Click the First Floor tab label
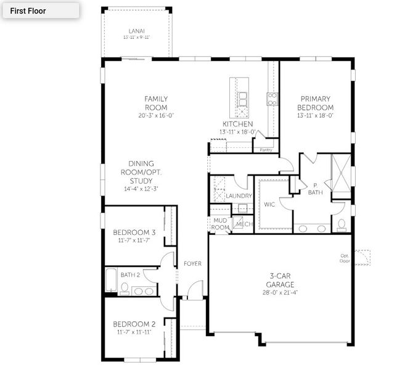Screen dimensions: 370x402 tap(28, 10)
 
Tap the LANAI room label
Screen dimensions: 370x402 tap(137, 30)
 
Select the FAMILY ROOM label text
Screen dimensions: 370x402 tap(156, 102)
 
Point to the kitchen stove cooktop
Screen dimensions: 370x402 tap(271, 98)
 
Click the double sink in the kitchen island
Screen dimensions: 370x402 tap(243, 98)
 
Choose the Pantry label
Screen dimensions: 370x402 tap(266, 150)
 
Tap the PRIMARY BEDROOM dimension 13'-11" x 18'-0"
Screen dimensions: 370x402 tap(315, 115)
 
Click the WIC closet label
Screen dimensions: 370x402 tap(269, 204)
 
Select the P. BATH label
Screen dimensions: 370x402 tap(315, 188)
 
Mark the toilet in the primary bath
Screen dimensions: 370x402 tap(342, 223)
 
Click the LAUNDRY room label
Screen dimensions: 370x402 tap(239, 196)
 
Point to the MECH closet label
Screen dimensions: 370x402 tap(245, 224)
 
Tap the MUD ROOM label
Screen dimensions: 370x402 tap(220, 223)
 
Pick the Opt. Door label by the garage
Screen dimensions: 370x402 tap(344, 258)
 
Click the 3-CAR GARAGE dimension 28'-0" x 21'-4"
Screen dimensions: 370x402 tap(280, 293)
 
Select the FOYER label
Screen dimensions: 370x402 tap(192, 264)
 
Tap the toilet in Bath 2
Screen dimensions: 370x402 tap(125, 288)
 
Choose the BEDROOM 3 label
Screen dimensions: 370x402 tap(134, 232)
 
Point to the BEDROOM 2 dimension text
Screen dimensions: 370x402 tap(133, 332)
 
